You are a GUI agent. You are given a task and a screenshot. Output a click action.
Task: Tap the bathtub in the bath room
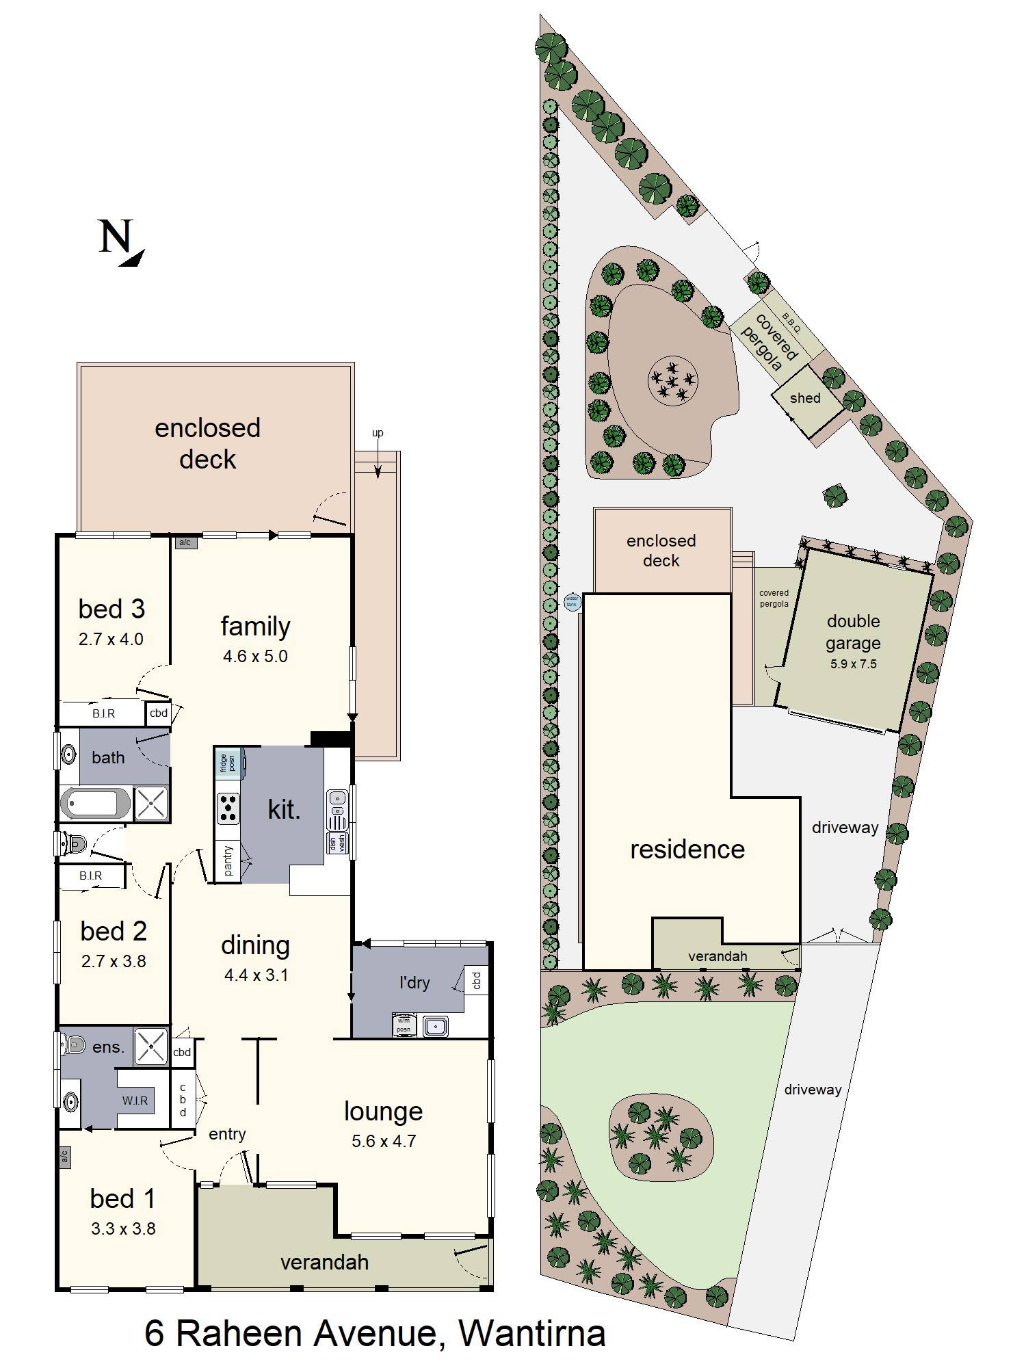[x=95, y=803]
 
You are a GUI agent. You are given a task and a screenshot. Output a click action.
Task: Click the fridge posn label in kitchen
[x=228, y=763]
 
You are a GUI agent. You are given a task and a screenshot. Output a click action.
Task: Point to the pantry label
[x=228, y=860]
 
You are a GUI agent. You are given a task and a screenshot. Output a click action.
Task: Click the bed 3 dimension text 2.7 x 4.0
[x=111, y=640]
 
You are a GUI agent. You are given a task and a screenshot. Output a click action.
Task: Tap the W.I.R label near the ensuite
[x=135, y=1101]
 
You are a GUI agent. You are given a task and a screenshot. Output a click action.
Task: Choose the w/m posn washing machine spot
[x=404, y=1025]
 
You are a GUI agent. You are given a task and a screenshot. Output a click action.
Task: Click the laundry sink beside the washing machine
[x=435, y=1026]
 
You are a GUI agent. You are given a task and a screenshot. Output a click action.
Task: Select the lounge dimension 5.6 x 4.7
[x=384, y=1141]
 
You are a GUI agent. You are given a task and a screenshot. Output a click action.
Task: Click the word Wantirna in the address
[x=531, y=1333]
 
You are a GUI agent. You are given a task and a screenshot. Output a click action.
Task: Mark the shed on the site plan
[x=805, y=399]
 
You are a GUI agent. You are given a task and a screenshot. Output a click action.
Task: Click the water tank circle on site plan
[x=571, y=602]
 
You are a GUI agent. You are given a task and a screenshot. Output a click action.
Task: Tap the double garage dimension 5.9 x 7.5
[x=853, y=664]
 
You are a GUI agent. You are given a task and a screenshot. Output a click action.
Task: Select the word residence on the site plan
[x=687, y=850]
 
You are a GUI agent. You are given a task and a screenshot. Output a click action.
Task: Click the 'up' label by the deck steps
[x=378, y=433]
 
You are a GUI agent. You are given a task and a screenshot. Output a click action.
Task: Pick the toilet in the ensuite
[x=71, y=1044]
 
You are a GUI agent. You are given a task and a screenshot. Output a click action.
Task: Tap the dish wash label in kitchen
[x=337, y=843]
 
